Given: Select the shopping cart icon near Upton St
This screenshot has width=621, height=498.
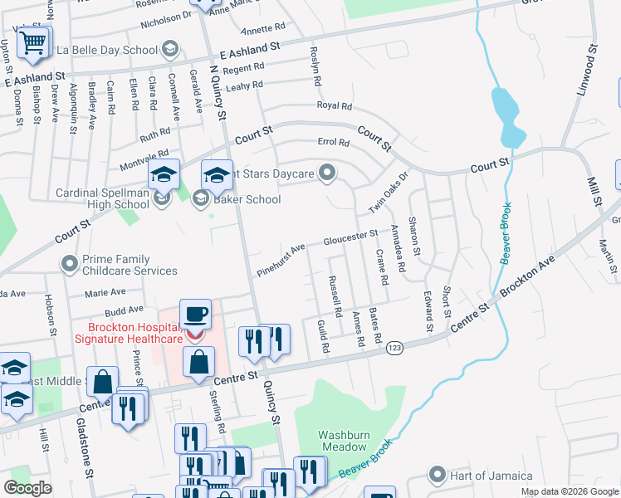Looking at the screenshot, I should click(x=32, y=41).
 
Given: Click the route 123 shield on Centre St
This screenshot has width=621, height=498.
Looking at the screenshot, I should click(x=393, y=349).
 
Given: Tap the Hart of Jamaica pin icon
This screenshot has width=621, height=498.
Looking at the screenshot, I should click(x=438, y=476).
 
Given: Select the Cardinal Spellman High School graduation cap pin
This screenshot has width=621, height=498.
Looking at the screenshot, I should click(x=164, y=175).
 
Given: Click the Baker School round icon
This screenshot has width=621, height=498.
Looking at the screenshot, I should click(x=200, y=198).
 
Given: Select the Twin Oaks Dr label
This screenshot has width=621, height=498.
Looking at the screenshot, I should click(x=390, y=192).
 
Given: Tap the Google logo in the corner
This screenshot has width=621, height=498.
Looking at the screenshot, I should click(x=27, y=488).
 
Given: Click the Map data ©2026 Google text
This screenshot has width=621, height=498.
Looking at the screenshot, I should click(x=570, y=491).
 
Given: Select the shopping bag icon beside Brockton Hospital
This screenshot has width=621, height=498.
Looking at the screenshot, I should click(x=199, y=362).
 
